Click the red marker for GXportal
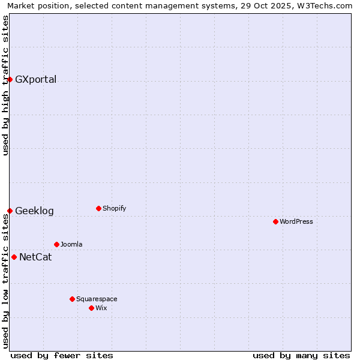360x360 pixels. click(x=10, y=79)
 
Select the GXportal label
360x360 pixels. click(x=35, y=80)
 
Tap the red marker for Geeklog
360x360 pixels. click(x=10, y=211)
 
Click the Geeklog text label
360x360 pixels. click(x=34, y=211)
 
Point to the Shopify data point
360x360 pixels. click(x=98, y=208)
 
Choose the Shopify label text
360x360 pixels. click(x=114, y=209)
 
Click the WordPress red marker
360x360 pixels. click(x=275, y=221)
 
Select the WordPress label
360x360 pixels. click(x=296, y=222)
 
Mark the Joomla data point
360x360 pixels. click(x=56, y=244)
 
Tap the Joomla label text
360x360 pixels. click(x=71, y=245)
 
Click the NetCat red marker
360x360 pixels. click(x=14, y=257)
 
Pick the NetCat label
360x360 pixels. click(x=35, y=257)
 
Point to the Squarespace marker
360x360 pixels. click(x=72, y=299)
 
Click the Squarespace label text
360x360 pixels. click(x=97, y=299)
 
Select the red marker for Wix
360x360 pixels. click(x=91, y=308)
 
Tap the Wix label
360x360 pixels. click(x=101, y=308)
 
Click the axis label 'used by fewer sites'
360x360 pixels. click(x=62, y=355)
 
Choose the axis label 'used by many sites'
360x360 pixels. click(x=301, y=355)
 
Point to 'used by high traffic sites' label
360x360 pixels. click(x=6, y=85)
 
